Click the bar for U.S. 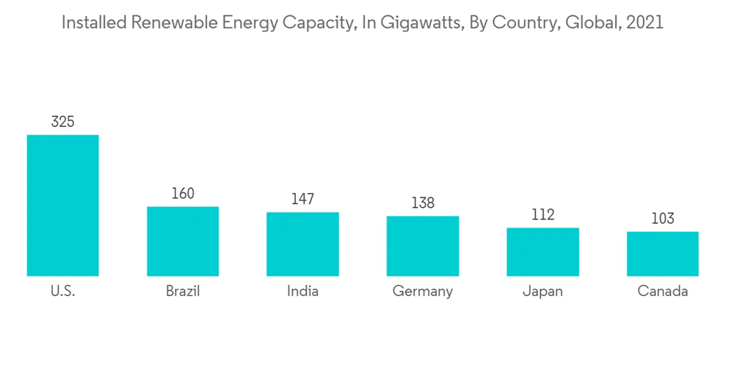[x=62, y=206]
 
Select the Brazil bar [x=183, y=241]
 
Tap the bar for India [x=302, y=244]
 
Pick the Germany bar [x=423, y=246]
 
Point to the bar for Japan [x=542, y=252]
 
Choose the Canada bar [x=663, y=254]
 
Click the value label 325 [x=62, y=122]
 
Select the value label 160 [x=183, y=194]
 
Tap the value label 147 [x=302, y=199]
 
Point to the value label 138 [x=423, y=203]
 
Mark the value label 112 [x=542, y=214]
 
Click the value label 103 [x=663, y=219]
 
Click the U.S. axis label [x=62, y=291]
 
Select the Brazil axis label [x=183, y=291]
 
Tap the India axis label [x=302, y=291]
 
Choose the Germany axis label [x=423, y=292]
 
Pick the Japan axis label [x=542, y=292]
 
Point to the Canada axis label [x=663, y=291]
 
